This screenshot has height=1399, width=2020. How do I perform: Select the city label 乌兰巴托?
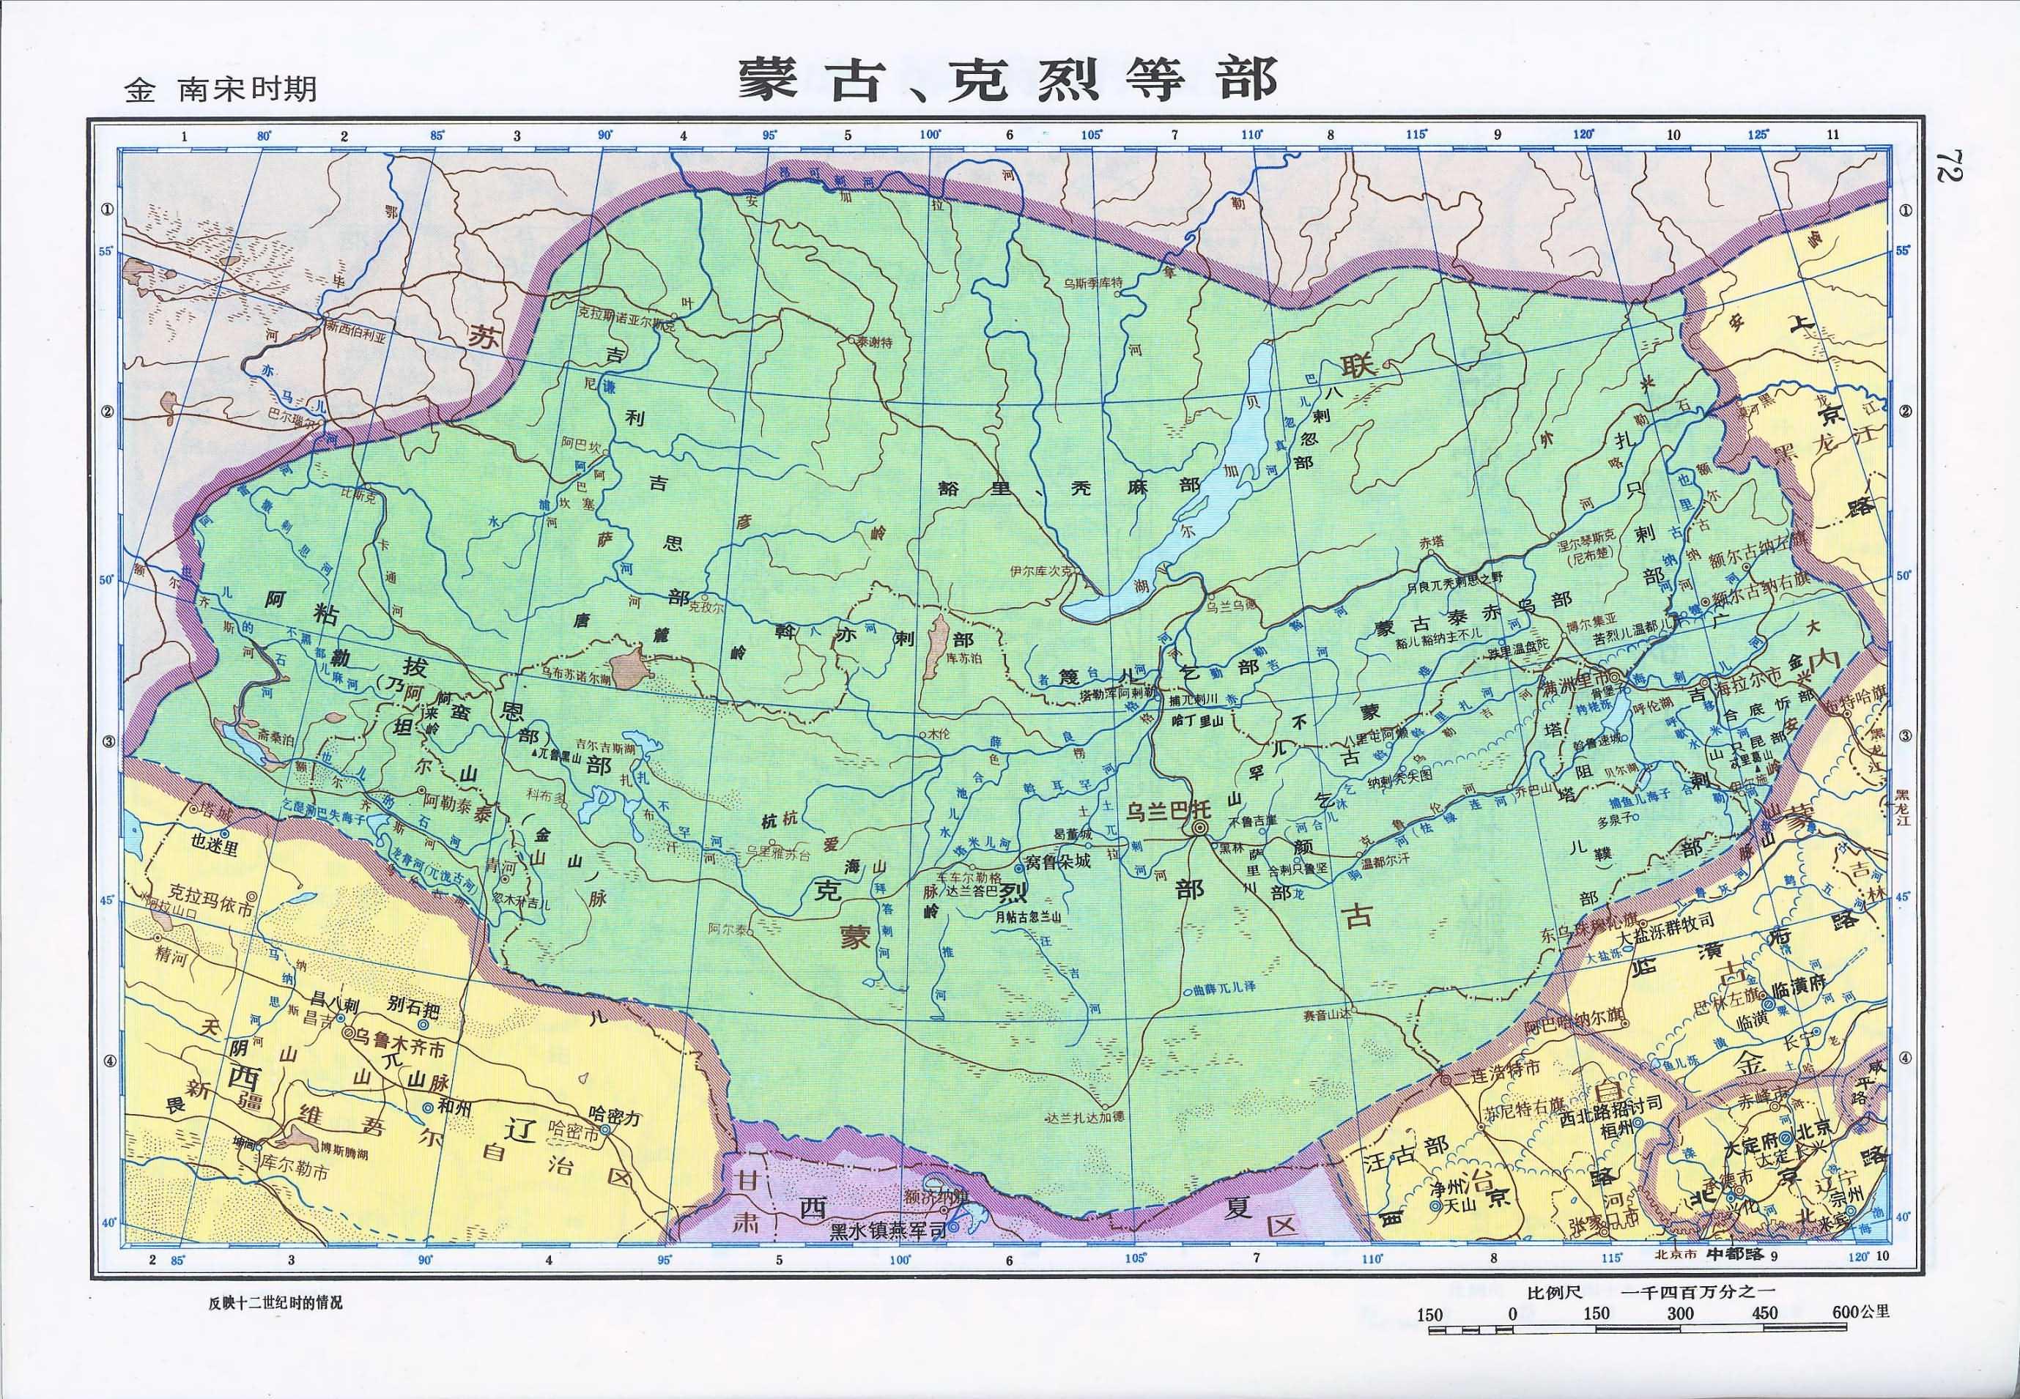coord(1167,810)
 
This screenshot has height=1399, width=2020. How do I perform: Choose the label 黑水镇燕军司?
coord(887,1231)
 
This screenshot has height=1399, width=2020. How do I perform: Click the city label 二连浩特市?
coord(1495,1069)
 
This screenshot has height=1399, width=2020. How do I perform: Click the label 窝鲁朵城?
coord(1057,861)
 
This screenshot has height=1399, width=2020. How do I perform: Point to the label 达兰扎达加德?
coord(1085,1118)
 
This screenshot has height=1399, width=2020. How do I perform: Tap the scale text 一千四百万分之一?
coord(1698,1291)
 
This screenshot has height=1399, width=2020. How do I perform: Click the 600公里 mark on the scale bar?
coord(1860,1313)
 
